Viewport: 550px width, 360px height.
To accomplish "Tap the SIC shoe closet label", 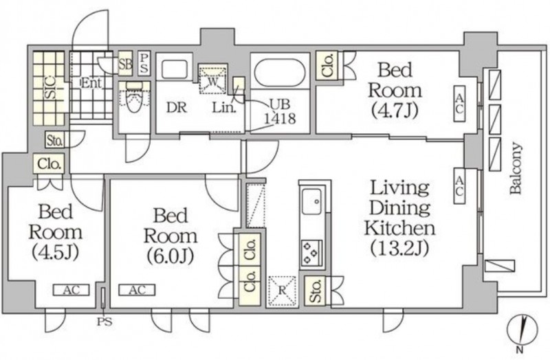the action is [x=50, y=88].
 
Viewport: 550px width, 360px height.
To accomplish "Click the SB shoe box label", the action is [x=125, y=64].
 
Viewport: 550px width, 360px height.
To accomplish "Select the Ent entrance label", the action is [x=91, y=83].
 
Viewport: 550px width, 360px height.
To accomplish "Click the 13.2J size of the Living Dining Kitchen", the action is [x=400, y=248].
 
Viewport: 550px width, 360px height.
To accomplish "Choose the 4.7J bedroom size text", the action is [x=395, y=110].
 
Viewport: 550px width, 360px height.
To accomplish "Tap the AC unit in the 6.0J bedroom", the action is [x=137, y=290].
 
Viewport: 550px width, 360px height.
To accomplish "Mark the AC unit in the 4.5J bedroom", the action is [x=71, y=290].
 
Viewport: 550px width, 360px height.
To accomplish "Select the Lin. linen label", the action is [x=224, y=108].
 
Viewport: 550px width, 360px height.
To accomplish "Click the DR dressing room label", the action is [x=177, y=108].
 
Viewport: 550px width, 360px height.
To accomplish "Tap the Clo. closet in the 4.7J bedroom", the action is [x=327, y=65].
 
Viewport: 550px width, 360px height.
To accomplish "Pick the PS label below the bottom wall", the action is [x=104, y=322].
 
